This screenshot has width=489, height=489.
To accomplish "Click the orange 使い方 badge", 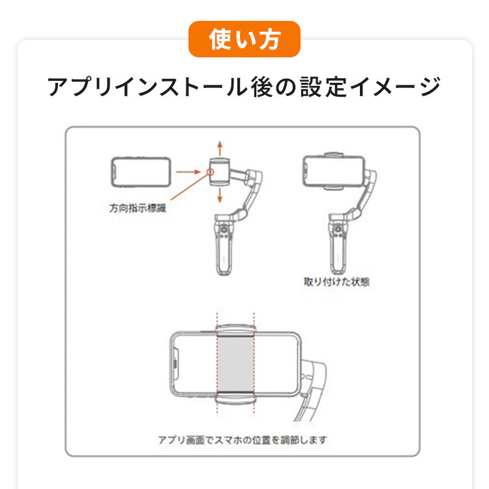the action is [x=244, y=39].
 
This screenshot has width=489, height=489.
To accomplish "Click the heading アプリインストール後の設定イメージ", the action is [x=244, y=87].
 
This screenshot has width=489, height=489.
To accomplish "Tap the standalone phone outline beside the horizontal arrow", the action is [x=141, y=172].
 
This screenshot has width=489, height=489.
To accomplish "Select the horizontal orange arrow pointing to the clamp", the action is [x=188, y=172].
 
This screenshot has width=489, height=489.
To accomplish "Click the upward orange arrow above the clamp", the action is [x=220, y=149].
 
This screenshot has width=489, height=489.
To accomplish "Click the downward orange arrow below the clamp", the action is [x=220, y=195].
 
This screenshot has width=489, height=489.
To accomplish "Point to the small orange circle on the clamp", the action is [x=211, y=172].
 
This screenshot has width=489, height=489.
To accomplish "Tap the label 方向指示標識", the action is [x=138, y=208].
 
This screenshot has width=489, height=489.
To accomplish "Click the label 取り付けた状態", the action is [x=336, y=282].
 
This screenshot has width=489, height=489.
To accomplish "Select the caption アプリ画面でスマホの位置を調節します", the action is [x=243, y=440].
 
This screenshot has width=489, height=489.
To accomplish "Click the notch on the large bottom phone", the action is [x=175, y=364].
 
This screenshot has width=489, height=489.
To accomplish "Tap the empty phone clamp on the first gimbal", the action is [x=220, y=172].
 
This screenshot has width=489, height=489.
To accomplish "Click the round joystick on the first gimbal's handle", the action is [x=223, y=230].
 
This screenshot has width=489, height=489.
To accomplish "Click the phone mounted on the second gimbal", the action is [x=334, y=172].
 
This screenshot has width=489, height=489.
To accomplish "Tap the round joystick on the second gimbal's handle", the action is [x=338, y=230].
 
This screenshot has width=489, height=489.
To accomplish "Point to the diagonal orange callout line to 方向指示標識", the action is [x=189, y=186].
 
